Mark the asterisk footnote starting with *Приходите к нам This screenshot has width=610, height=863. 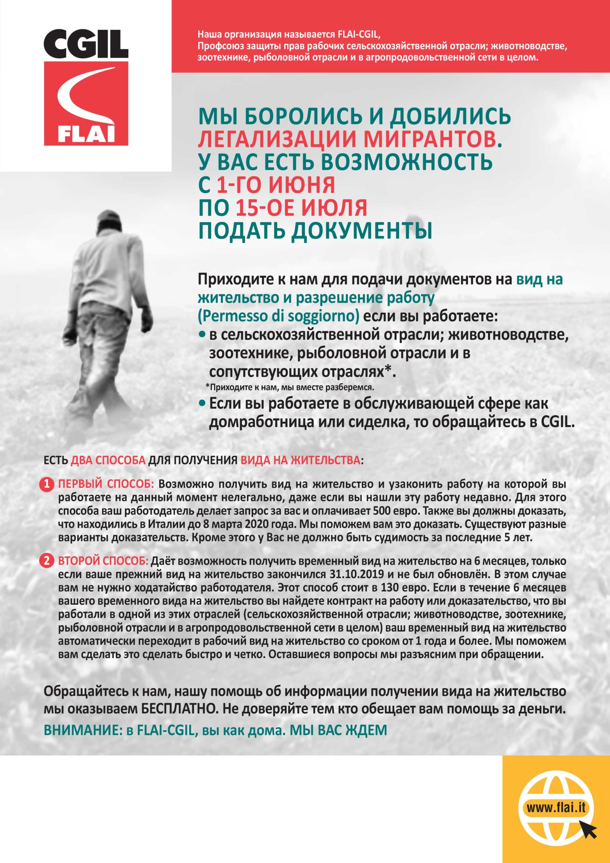[x=289, y=387]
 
